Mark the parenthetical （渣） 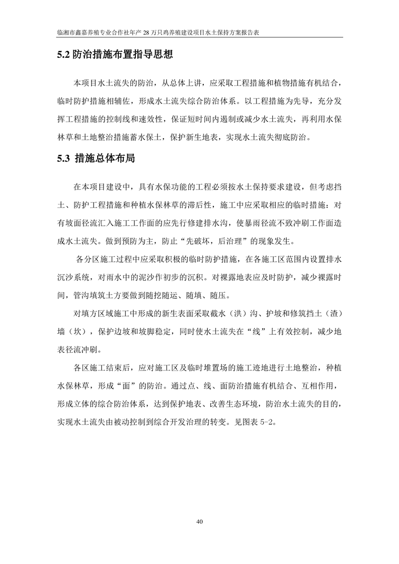pyautogui.click(x=332, y=314)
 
